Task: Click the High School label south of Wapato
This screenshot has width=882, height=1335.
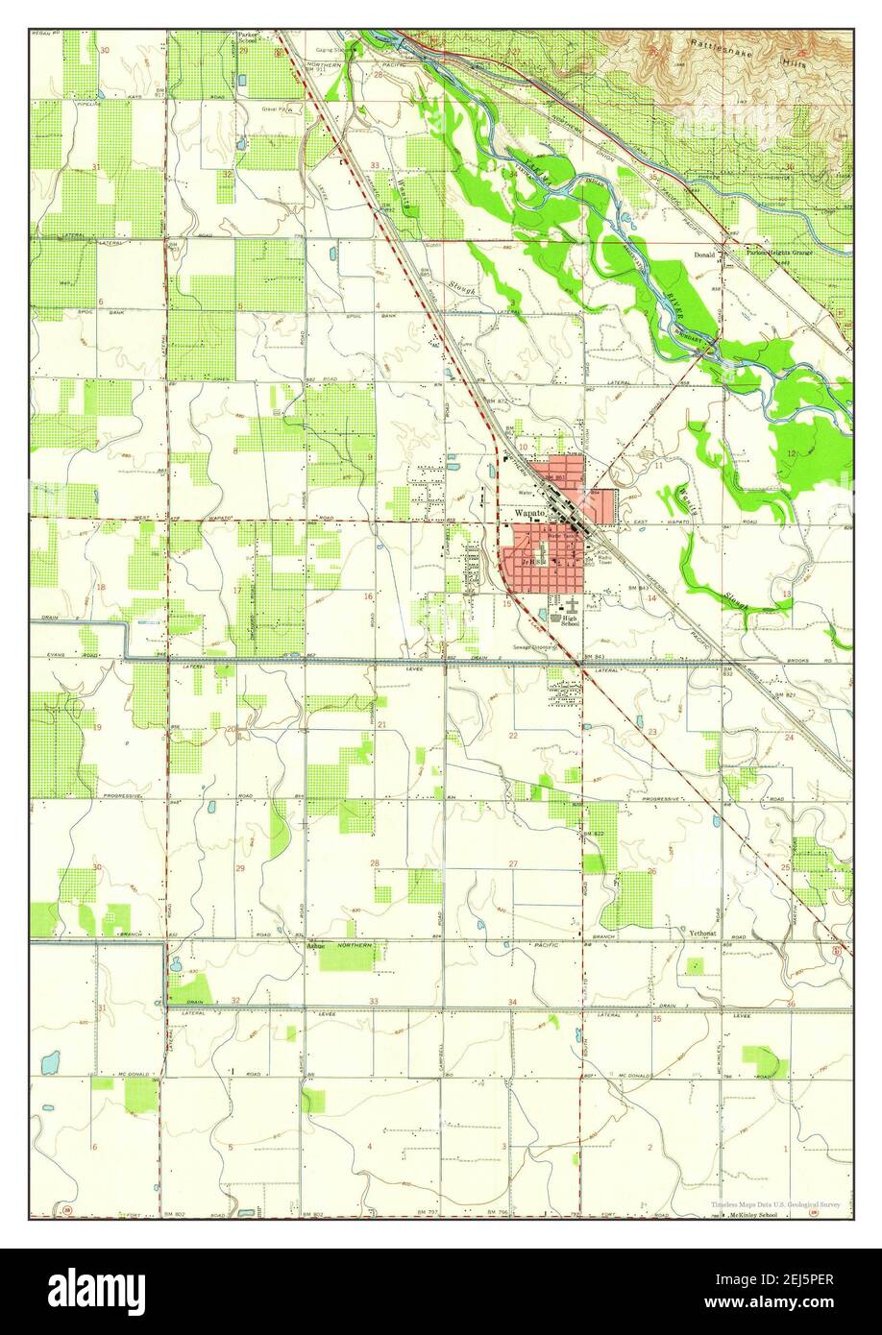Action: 570,622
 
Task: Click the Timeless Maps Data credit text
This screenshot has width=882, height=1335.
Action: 777,1203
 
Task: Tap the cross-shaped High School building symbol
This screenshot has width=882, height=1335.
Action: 573,605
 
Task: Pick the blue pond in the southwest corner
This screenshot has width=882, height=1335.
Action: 49,1063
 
